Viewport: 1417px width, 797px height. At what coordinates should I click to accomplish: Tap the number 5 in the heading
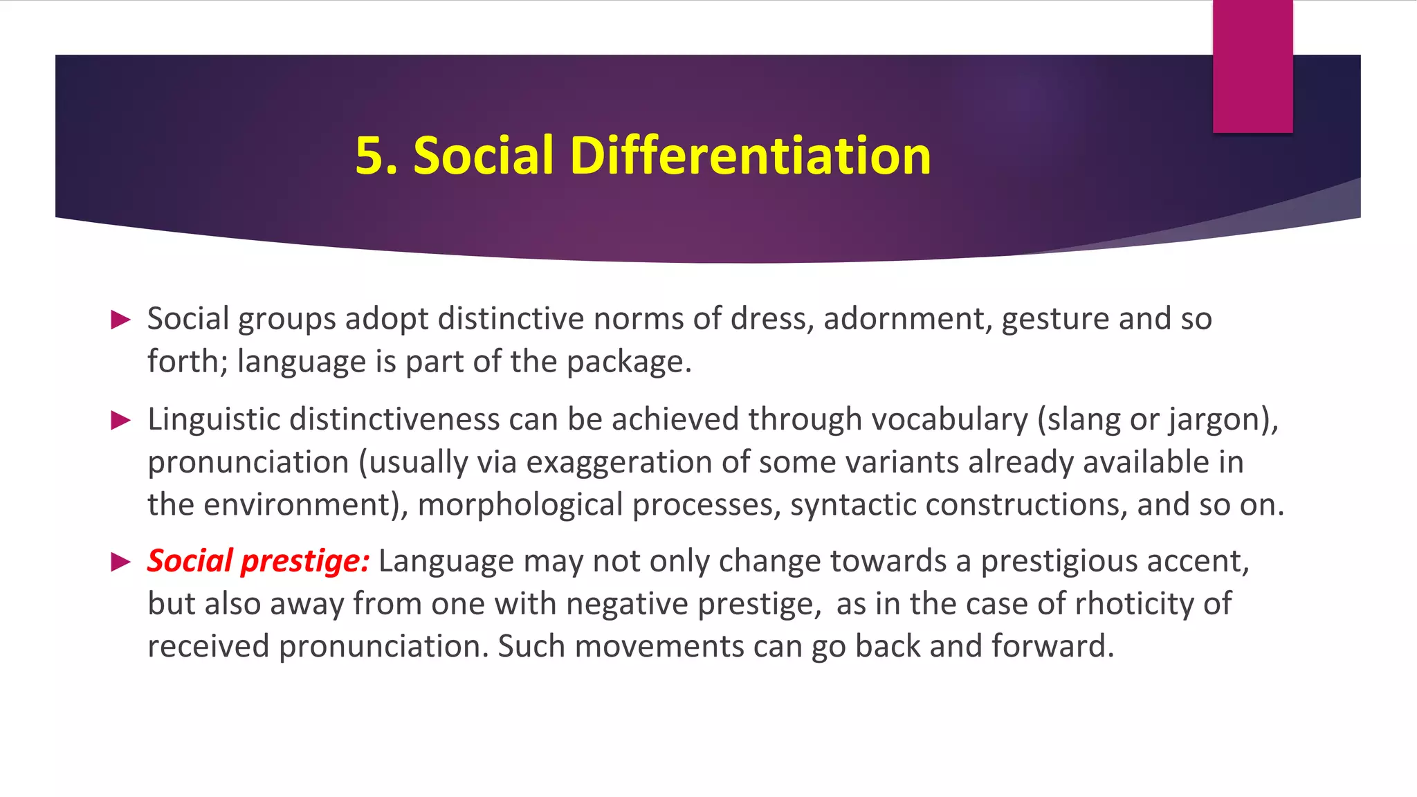[x=370, y=155]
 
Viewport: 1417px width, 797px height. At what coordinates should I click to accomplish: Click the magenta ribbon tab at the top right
[x=1252, y=66]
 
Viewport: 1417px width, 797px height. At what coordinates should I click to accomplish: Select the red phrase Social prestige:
[x=258, y=560]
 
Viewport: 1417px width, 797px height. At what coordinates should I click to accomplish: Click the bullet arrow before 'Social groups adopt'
[x=121, y=320]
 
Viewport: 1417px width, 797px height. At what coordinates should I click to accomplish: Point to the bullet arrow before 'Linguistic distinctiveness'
[x=121, y=420]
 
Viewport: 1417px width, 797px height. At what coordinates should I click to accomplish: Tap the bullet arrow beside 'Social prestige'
[x=121, y=562]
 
